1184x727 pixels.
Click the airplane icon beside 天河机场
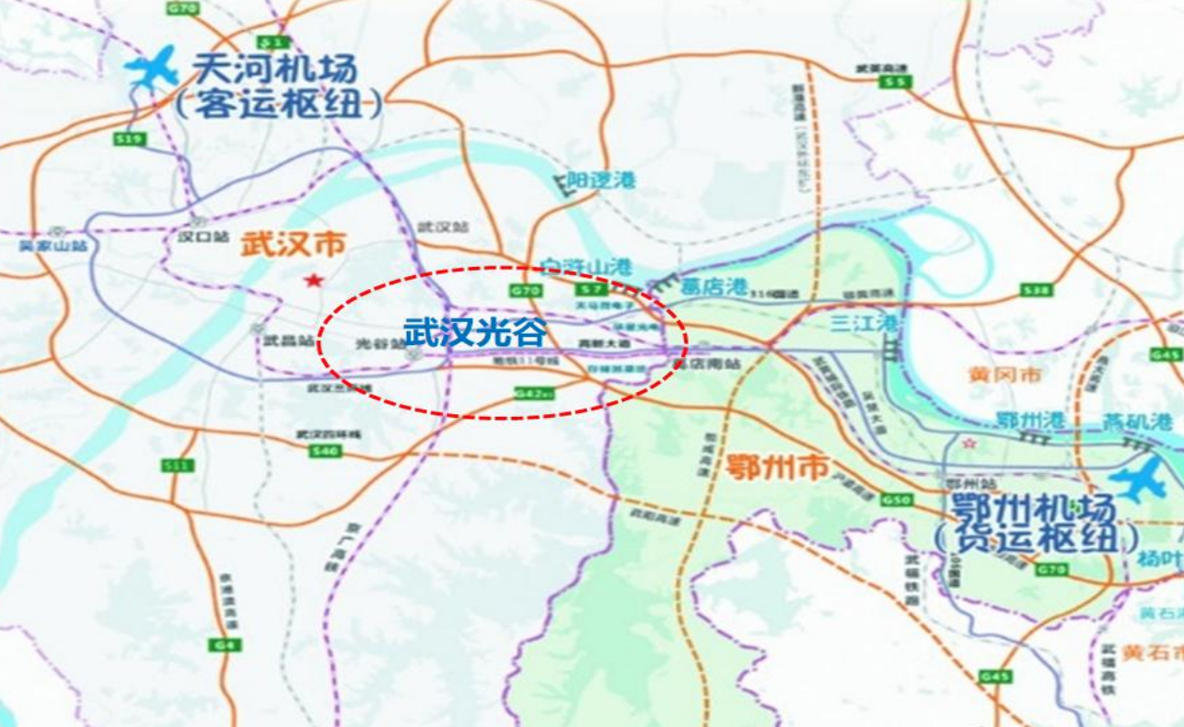(151, 67)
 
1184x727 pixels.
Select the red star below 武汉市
(315, 280)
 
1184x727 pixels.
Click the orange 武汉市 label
(293, 245)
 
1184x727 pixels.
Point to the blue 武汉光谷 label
(475, 332)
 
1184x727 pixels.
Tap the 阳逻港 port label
(601, 180)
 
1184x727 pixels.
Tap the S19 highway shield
(131, 139)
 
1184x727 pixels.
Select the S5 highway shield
(894, 83)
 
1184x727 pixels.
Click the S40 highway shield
(326, 451)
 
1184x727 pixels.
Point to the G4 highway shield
(226, 645)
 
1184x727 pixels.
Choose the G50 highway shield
(896, 500)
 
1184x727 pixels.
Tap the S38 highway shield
(1036, 291)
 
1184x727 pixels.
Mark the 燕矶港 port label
(1138, 421)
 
